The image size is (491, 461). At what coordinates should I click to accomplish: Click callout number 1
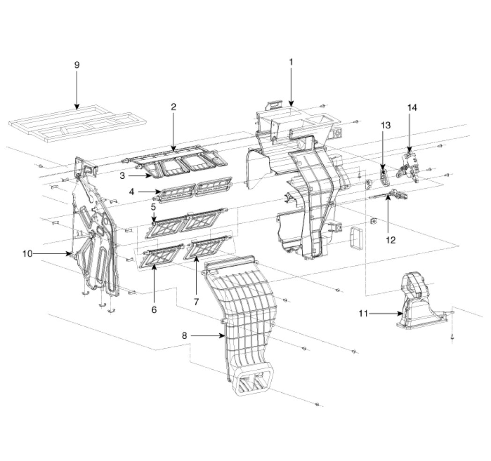coord(291,62)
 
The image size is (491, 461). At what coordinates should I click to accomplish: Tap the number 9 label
coord(77,65)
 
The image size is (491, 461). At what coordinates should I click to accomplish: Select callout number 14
coord(412,108)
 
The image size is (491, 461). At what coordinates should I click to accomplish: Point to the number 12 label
coord(390,240)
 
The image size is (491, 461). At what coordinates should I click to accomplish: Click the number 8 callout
coord(184,336)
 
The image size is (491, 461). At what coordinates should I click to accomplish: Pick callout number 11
coord(363,313)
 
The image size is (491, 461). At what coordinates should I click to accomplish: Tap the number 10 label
coord(27,254)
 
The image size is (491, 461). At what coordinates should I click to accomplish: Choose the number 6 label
coord(154,310)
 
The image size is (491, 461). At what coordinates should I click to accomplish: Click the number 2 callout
coord(173,107)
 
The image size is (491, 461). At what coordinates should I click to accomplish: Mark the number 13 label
coord(386,125)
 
